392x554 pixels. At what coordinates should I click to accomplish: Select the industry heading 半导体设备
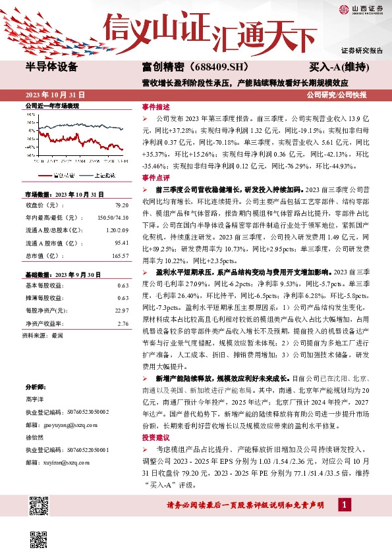[x=51, y=67]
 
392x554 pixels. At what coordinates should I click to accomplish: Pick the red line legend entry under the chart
[x=52, y=176]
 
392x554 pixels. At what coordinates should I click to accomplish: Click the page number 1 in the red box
[x=343, y=505]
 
